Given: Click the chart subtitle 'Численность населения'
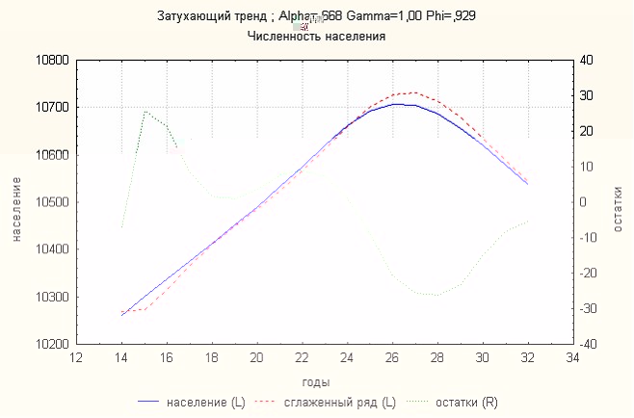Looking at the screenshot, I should pyautogui.click(x=316, y=37).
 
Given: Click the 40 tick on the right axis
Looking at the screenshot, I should pyautogui.click(x=587, y=60).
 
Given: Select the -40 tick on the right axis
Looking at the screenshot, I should pyautogui.click(x=587, y=344).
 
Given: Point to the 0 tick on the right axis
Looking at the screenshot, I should pyautogui.click(x=584, y=202).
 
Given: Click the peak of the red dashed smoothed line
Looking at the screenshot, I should pyautogui.click(x=413, y=92).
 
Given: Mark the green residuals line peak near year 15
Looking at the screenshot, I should pyautogui.click(x=145, y=111).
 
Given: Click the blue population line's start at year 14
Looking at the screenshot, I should pyautogui.click(x=121, y=314).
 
